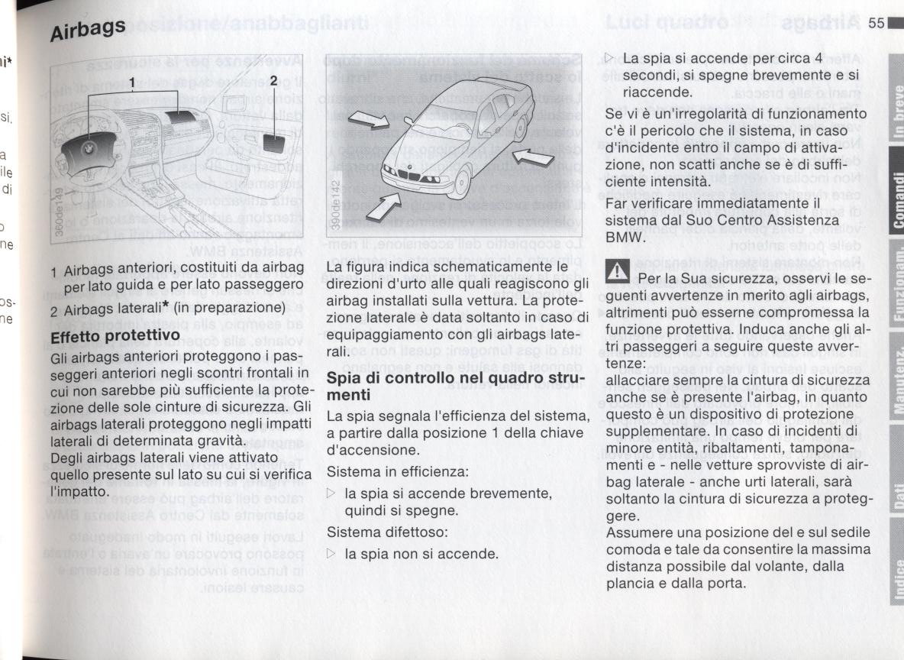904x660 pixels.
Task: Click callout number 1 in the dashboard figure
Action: coord(132,82)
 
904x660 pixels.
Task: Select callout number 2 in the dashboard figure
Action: coord(273,82)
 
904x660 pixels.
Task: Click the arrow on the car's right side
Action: coord(534,157)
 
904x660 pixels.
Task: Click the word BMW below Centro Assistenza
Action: coord(625,238)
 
